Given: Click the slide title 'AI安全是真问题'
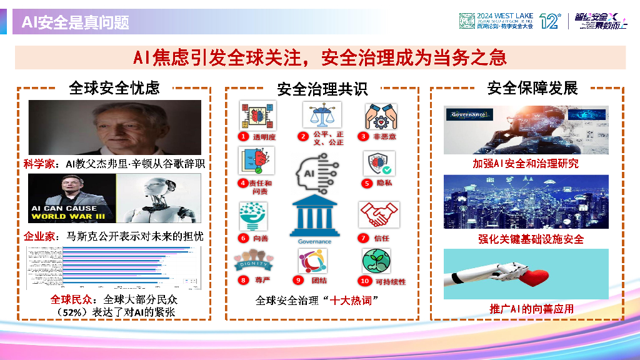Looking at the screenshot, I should [76, 23].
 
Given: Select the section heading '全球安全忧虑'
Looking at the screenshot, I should [114, 88].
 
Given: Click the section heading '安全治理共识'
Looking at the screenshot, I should [322, 89].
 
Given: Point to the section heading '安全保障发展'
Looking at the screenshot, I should [532, 88].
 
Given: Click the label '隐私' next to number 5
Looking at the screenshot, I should [384, 184].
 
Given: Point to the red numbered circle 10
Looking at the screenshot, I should [364, 281].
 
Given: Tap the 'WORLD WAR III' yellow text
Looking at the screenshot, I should [73, 217].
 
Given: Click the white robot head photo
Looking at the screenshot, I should [159, 198].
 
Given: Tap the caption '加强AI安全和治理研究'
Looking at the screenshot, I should [526, 164].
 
